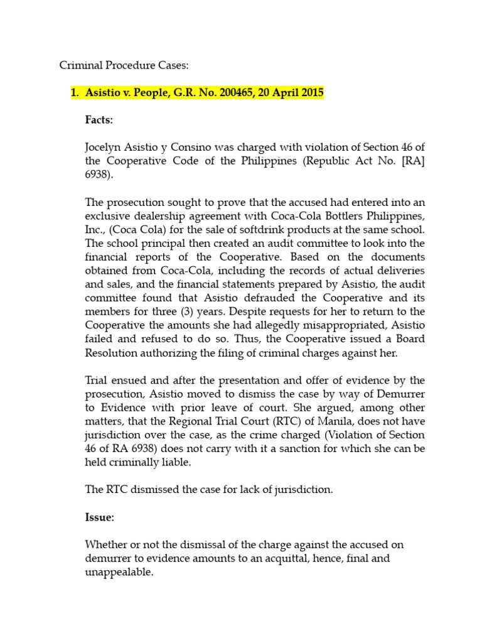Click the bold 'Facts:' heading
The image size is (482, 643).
(99, 119)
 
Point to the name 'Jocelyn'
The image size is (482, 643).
(104, 147)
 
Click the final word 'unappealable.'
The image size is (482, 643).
(119, 573)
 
